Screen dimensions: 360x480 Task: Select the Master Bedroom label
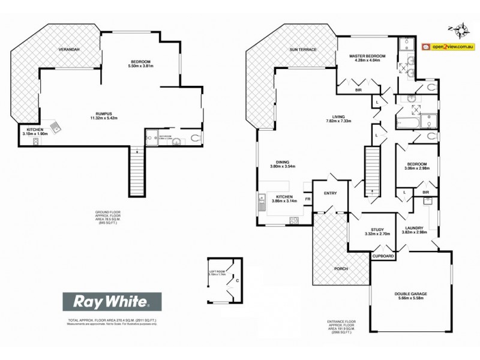click(367, 56)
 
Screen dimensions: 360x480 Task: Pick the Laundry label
click(415, 228)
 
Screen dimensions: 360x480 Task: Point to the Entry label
click(331, 193)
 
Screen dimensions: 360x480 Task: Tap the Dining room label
click(283, 162)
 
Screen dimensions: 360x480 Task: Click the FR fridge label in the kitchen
click(307, 199)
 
